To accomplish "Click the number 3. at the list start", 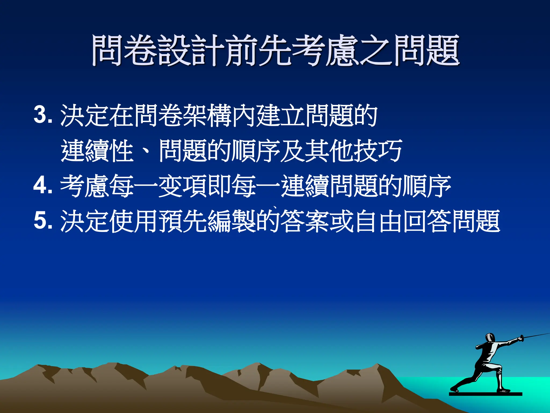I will [43, 115].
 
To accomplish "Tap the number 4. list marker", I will [43, 186].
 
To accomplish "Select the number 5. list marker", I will [43, 220].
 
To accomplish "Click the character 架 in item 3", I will [194, 115].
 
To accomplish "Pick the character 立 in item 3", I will [292, 115].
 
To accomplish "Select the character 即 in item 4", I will [219, 186].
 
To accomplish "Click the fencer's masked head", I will [490, 338].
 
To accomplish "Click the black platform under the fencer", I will [485, 394].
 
